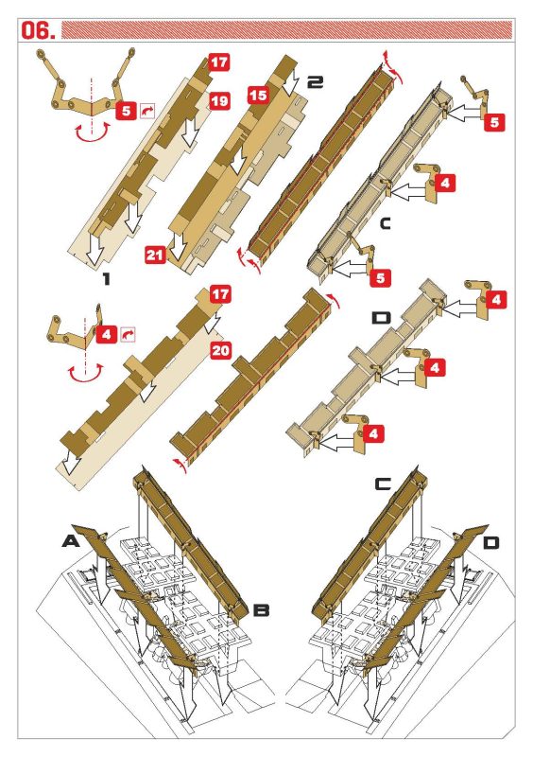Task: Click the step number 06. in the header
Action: tap(38, 30)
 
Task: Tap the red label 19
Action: tap(219, 101)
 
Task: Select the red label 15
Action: tap(258, 95)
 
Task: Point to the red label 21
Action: tap(155, 254)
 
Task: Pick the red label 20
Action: tap(220, 350)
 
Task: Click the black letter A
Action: tap(71, 541)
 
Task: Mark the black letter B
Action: tap(261, 610)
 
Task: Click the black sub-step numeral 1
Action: tap(107, 278)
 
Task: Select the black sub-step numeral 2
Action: tap(315, 82)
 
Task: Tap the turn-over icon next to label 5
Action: tap(147, 111)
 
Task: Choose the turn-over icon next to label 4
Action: tap(128, 334)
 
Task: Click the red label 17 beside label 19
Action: tap(219, 62)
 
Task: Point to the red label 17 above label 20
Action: tap(220, 294)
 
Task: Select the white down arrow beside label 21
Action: tap(180, 247)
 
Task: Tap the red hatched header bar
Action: tap(286, 30)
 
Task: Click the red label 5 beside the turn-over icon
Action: tap(126, 111)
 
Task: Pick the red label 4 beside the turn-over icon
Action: tap(107, 334)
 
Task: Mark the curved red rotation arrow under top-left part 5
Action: tap(91, 134)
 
